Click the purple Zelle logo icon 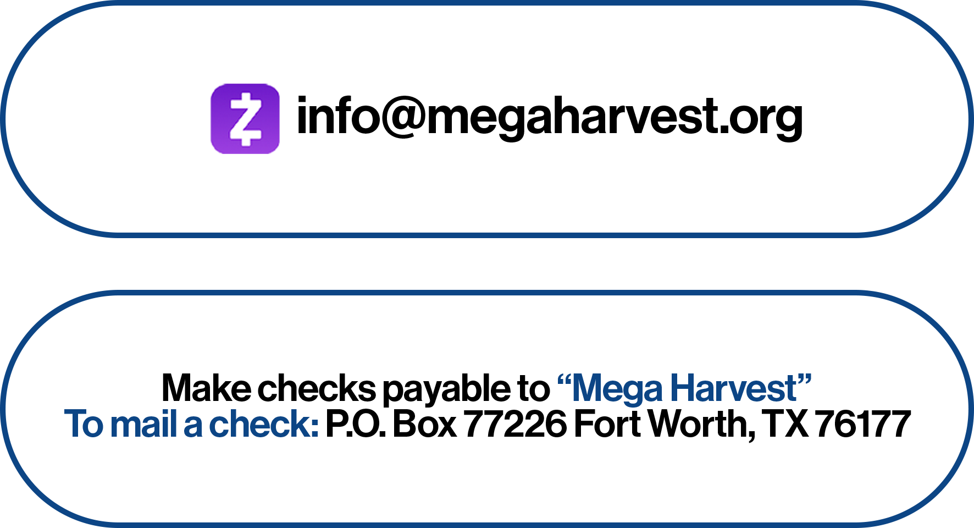(245, 119)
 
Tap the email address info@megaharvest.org (549, 117)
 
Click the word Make (206, 388)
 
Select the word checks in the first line (317, 388)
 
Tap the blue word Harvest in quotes (734, 388)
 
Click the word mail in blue (143, 424)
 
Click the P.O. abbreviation (355, 424)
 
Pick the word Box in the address (424, 424)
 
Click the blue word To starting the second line (84, 424)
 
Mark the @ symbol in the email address (403, 117)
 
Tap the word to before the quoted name (534, 388)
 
